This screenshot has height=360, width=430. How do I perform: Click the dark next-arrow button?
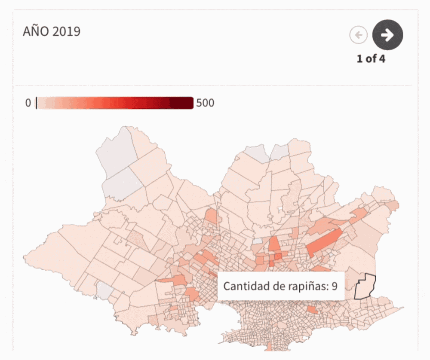click(x=387, y=35)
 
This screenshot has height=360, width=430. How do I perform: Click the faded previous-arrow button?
click(x=358, y=35)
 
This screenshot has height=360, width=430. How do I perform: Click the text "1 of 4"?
click(x=371, y=59)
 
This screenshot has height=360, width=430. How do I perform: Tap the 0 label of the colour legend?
click(x=28, y=103)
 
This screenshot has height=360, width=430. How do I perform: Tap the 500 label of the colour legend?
click(x=205, y=103)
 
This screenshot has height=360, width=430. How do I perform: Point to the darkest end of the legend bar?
click(x=189, y=103)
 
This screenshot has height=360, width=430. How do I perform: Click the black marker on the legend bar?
click(x=37, y=103)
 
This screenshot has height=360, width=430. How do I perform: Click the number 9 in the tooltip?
click(x=334, y=286)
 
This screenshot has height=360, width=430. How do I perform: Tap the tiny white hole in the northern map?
click(x=280, y=209)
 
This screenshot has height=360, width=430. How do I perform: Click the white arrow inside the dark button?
click(x=387, y=35)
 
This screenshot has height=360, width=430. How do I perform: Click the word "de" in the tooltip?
click(x=278, y=286)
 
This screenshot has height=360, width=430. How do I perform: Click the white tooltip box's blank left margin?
click(x=220, y=286)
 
